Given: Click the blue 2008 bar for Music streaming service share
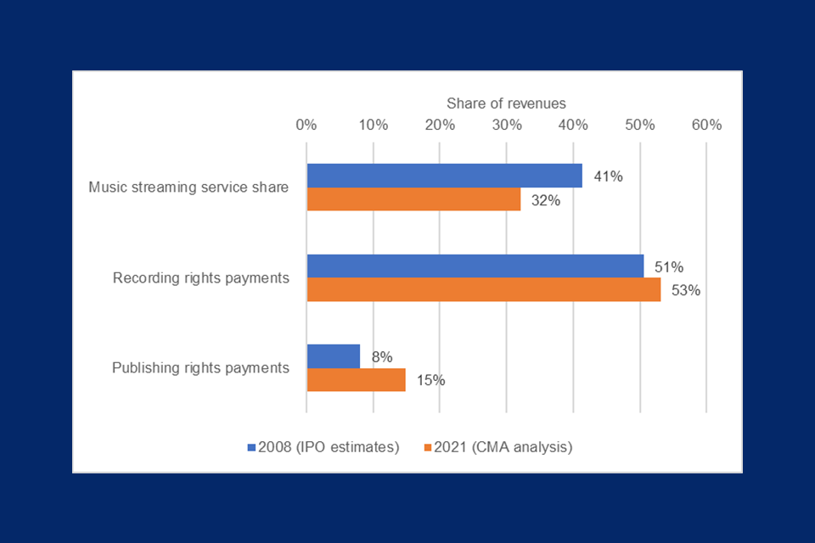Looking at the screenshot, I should coord(444,176).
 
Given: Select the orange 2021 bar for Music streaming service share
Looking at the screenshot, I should coord(413,199).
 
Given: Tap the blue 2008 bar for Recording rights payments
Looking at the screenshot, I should coord(475,266).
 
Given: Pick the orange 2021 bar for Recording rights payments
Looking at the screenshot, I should coord(483,289).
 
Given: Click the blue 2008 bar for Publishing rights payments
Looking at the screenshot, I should coord(333,356).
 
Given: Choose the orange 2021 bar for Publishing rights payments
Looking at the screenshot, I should coord(356,379).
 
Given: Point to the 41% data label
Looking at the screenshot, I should coord(608,176).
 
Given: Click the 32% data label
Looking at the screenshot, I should coord(546,200).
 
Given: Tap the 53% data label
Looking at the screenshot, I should coord(685,290).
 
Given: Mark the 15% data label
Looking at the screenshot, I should coord(430,380).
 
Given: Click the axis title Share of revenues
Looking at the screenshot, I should coord(506,104).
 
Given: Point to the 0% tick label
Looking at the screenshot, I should coord(306,125).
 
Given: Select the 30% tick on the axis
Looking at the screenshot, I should coord(506,125).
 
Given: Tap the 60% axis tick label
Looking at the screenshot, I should coord(706,125).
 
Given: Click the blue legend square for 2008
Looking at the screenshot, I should coord(251,446).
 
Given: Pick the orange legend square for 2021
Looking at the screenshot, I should coord(427,446).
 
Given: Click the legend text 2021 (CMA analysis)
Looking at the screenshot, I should coord(503,446).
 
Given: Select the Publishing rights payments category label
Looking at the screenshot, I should coord(200,368).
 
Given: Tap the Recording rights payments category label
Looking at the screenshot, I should coord(201,277).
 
